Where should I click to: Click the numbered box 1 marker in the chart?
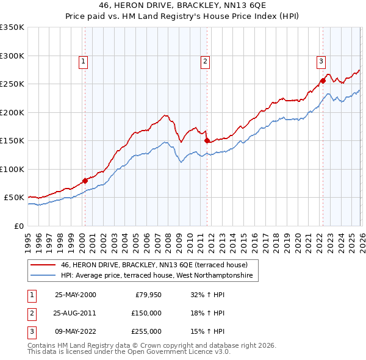pyautogui.click(x=82, y=60)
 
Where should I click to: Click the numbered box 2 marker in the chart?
pyautogui.click(x=206, y=60)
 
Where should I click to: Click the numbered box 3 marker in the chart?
pyautogui.click(x=321, y=60)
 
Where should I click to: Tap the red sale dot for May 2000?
pyautogui.click(x=85, y=180)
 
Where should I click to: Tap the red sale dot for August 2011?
pyautogui.click(x=207, y=140)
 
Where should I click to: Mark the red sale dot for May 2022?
pyautogui.click(x=322, y=81)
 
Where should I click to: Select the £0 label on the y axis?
pyautogui.click(x=19, y=226)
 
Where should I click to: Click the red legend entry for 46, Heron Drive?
pyautogui.click(x=154, y=265)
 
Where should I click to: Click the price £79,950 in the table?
pyautogui.click(x=148, y=295)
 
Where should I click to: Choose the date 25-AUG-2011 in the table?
pyautogui.click(x=75, y=313)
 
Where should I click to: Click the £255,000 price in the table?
pyautogui.click(x=146, y=331)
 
